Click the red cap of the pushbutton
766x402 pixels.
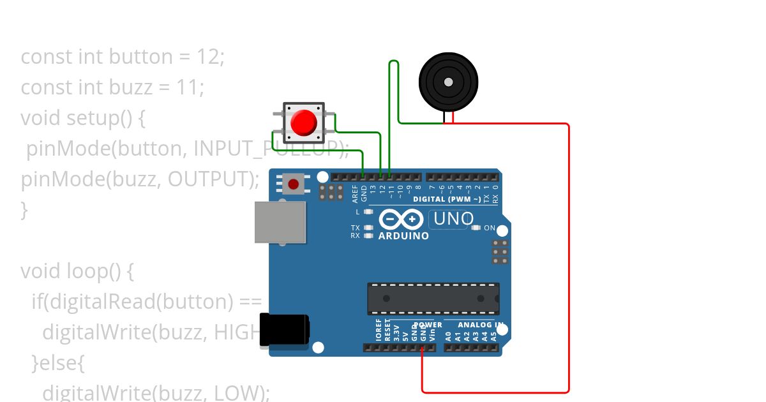(304, 122)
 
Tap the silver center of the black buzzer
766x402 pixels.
(448, 82)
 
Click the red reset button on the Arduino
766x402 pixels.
(293, 184)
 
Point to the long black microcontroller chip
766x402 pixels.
(433, 298)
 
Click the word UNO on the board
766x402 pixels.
(453, 220)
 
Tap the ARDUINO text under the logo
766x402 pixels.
(403, 236)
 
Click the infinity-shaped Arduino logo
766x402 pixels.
(401, 220)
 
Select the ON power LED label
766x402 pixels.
(490, 228)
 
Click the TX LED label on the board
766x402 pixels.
(356, 228)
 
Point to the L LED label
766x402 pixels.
(357, 211)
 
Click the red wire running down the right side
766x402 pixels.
(568, 255)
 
